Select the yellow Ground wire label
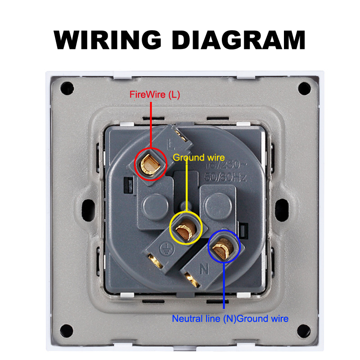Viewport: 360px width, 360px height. [x=198, y=157]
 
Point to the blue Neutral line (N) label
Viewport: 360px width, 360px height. [x=204, y=319]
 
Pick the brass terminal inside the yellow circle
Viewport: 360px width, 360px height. [x=185, y=229]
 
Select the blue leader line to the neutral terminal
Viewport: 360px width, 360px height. [x=224, y=283]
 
